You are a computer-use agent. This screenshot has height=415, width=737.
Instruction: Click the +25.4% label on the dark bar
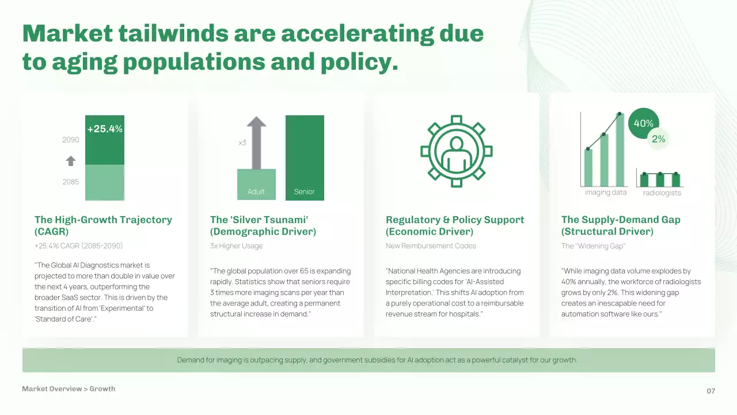click(105, 129)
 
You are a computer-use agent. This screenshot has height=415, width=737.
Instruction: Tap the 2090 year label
click(71, 139)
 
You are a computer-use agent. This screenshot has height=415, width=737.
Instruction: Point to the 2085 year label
click(71, 182)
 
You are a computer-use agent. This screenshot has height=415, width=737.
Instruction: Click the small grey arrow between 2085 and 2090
click(71, 161)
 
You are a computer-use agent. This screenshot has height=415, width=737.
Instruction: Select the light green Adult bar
click(256, 184)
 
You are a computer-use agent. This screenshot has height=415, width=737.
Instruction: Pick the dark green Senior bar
click(305, 158)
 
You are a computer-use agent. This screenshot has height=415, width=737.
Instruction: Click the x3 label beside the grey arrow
click(242, 143)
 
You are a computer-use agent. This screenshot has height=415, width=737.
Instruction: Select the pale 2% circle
click(658, 139)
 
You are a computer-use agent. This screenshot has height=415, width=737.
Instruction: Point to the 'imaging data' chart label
click(606, 193)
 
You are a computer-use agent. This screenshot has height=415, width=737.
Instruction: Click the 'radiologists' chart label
click(662, 193)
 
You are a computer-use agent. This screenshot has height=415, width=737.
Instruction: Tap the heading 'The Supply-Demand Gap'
click(621, 220)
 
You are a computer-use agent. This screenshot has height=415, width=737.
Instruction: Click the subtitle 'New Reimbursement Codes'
click(431, 246)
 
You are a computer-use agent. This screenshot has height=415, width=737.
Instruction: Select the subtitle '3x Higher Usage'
click(237, 246)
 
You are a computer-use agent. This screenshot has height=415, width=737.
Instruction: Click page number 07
click(711, 391)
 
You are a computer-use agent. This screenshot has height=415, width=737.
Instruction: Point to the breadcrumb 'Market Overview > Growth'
click(69, 388)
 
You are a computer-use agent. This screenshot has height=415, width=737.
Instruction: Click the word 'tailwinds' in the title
click(173, 33)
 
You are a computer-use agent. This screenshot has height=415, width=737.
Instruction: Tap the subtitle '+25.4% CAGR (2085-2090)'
click(79, 246)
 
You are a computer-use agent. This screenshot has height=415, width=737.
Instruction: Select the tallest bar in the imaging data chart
click(620, 150)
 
